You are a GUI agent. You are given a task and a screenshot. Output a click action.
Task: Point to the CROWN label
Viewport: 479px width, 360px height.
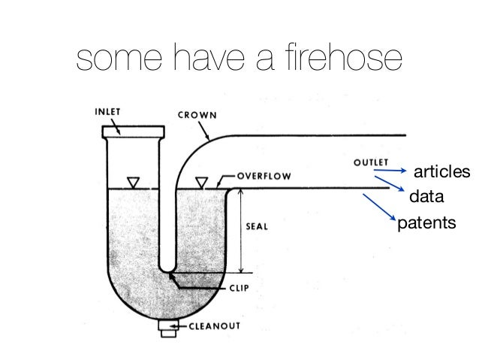[x=197, y=116]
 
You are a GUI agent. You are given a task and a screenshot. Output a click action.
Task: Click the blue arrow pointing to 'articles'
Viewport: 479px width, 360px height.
[x=391, y=171]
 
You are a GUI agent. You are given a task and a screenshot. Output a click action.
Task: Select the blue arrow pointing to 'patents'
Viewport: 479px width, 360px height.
[x=380, y=207]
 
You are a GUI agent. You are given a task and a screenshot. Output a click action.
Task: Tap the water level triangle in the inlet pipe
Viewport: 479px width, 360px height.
[x=134, y=182]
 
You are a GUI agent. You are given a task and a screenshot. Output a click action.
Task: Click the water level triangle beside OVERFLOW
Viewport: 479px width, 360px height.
[x=200, y=182]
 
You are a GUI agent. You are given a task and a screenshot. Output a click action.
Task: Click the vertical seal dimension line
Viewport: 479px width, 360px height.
[x=241, y=231]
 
